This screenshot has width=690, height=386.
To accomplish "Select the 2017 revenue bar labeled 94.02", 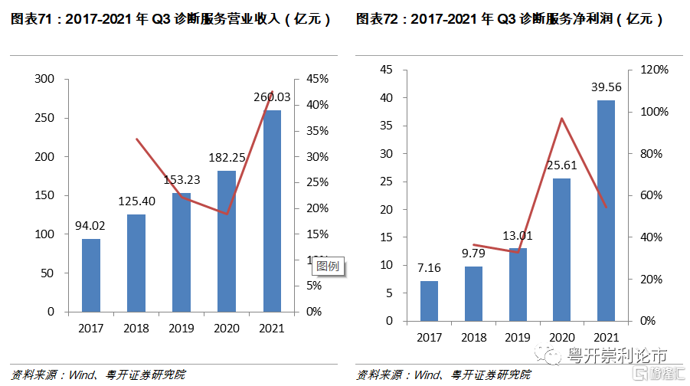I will pyautogui.click(x=91, y=276).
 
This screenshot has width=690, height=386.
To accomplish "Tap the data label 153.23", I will pyautogui.click(x=181, y=180).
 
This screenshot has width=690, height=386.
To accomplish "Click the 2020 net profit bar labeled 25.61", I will pyautogui.click(x=561, y=249).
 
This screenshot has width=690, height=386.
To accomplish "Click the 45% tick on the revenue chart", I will pyautogui.click(x=318, y=79).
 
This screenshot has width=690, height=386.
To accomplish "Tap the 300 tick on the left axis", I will pyautogui.click(x=45, y=79).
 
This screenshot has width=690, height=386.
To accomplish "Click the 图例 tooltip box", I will pyautogui.click(x=328, y=267).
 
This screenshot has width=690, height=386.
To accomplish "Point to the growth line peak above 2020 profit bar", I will pyautogui.click(x=561, y=119).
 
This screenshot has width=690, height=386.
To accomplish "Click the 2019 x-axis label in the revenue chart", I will pyautogui.click(x=181, y=328).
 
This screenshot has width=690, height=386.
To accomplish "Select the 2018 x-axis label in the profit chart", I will pyautogui.click(x=473, y=337).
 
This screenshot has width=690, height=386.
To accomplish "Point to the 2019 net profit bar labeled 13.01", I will pyautogui.click(x=518, y=284).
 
